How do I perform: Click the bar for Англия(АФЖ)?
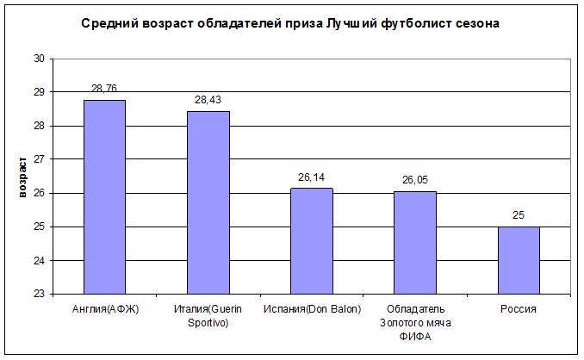coord(104,197)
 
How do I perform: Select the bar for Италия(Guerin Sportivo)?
coord(208,202)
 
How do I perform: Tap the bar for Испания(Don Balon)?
coord(311,241)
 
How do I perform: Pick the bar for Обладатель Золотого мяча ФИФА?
coord(414,243)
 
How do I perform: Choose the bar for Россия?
coord(518,260)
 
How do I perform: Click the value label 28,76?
coord(104,90)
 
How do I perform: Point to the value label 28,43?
coord(208,101)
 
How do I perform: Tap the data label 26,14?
coord(311,178)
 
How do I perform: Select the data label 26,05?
coord(414,181)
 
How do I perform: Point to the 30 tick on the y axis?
coord(39,59)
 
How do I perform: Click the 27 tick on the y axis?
coord(39,159)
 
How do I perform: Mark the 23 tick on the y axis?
coord(39,294)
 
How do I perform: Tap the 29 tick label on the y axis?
coord(39,92)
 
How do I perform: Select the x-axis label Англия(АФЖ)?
coord(104,308)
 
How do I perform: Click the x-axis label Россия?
coord(518,308)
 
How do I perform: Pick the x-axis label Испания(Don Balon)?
coord(311,308)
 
